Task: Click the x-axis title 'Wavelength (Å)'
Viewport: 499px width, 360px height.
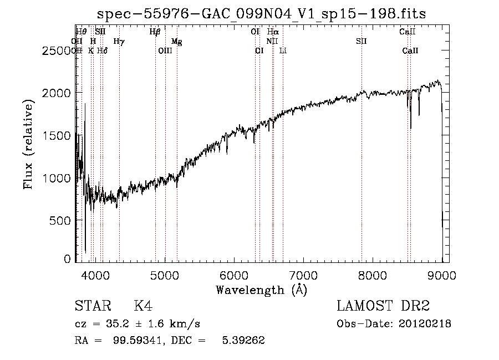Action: pyautogui.click(x=261, y=290)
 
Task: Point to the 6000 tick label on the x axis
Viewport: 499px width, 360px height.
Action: pyautogui.click(x=235, y=275)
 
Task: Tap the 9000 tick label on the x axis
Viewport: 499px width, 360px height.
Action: pyautogui.click(x=442, y=275)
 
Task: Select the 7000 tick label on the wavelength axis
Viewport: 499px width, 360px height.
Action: pyautogui.click(x=303, y=275)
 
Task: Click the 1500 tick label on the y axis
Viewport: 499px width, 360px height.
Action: pyautogui.click(x=58, y=135)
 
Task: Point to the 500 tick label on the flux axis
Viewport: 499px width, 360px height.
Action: pyautogui.click(x=62, y=220)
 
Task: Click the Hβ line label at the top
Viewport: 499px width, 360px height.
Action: pyautogui.click(x=155, y=32)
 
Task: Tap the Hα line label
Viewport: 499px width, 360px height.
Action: pyautogui.click(x=272, y=32)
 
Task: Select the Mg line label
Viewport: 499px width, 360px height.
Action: pyautogui.click(x=176, y=42)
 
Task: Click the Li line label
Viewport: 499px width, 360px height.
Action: pyautogui.click(x=283, y=51)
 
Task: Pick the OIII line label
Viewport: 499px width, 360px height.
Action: pyautogui.click(x=165, y=51)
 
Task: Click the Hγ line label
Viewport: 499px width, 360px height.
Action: pyautogui.click(x=119, y=42)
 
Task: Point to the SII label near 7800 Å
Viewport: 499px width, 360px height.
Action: pyautogui.click(x=361, y=42)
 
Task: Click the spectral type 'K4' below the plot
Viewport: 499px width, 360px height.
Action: pyautogui.click(x=143, y=306)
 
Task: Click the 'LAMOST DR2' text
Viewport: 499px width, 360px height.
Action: pyautogui.click(x=383, y=306)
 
